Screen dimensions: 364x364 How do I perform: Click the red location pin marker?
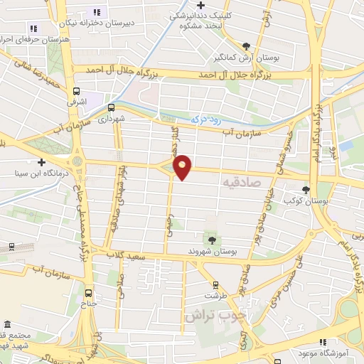[183, 166]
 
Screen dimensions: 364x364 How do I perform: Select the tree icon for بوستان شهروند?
[211, 239]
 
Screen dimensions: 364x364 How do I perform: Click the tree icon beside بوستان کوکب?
[306, 189]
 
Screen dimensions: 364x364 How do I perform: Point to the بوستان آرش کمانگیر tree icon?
[246, 45]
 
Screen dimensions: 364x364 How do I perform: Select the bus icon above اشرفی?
[76, 90]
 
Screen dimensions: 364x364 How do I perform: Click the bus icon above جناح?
[89, 291]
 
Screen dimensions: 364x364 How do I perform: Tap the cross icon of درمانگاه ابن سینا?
[43, 162]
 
